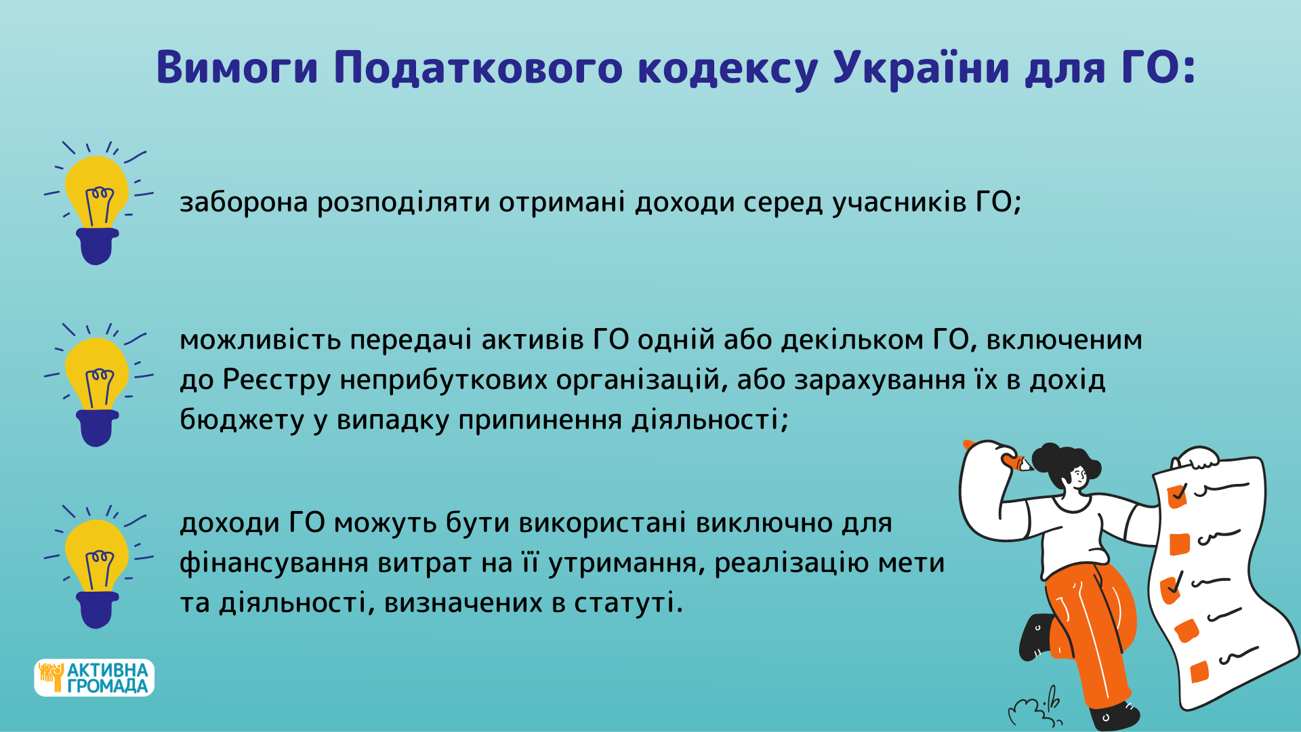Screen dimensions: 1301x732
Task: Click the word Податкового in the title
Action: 478,68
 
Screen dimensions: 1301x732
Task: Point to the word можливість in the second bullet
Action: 260,340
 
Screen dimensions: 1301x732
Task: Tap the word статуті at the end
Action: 628,603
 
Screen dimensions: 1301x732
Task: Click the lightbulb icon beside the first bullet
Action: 97,203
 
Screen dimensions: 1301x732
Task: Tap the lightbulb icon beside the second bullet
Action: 97,385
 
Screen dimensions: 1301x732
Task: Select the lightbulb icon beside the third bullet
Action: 97,567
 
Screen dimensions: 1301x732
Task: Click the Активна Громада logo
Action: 94,678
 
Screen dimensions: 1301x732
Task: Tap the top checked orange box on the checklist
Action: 1177,495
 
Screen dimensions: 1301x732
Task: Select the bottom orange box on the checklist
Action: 1199,672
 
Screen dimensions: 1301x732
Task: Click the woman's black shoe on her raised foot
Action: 1035,637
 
